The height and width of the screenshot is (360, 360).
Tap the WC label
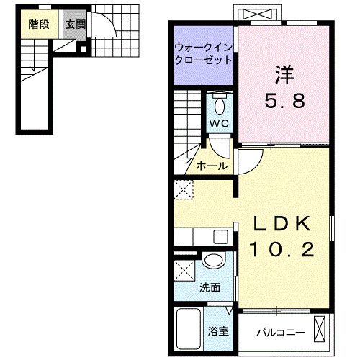pos(219,123)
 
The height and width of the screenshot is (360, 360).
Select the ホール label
pos(212,166)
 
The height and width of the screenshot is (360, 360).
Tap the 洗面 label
pos(210,287)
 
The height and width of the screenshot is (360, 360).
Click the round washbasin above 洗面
pos(212,262)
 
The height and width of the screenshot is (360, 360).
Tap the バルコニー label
pos(281,333)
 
